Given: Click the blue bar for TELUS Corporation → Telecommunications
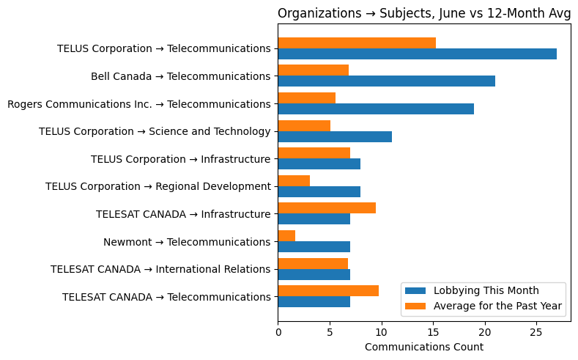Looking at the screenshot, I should [x=417, y=54].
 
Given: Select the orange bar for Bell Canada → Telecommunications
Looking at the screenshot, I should [x=314, y=70].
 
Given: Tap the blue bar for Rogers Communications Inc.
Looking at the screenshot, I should [x=376, y=109].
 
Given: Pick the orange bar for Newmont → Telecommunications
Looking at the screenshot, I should [x=286, y=236].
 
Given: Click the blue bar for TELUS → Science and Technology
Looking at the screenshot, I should [x=335, y=136].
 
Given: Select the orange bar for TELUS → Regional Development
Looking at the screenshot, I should [x=294, y=180].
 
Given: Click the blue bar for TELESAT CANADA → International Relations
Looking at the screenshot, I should [x=314, y=274].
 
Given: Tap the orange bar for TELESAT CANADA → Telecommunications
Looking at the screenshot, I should [x=328, y=291].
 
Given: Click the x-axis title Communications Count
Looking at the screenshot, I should [x=423, y=347].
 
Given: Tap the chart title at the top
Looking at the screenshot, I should [x=423, y=13].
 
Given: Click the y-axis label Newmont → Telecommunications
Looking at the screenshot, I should [x=187, y=242].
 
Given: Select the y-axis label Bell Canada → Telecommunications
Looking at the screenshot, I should [x=180, y=76].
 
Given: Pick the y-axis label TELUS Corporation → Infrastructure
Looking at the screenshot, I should [x=180, y=159].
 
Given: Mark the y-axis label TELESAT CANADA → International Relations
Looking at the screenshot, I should [x=160, y=269].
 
